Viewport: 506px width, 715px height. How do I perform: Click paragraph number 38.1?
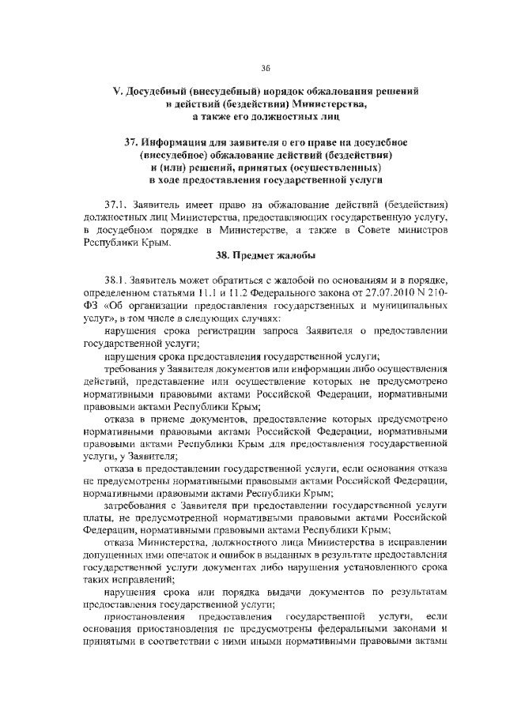pos(117,280)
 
